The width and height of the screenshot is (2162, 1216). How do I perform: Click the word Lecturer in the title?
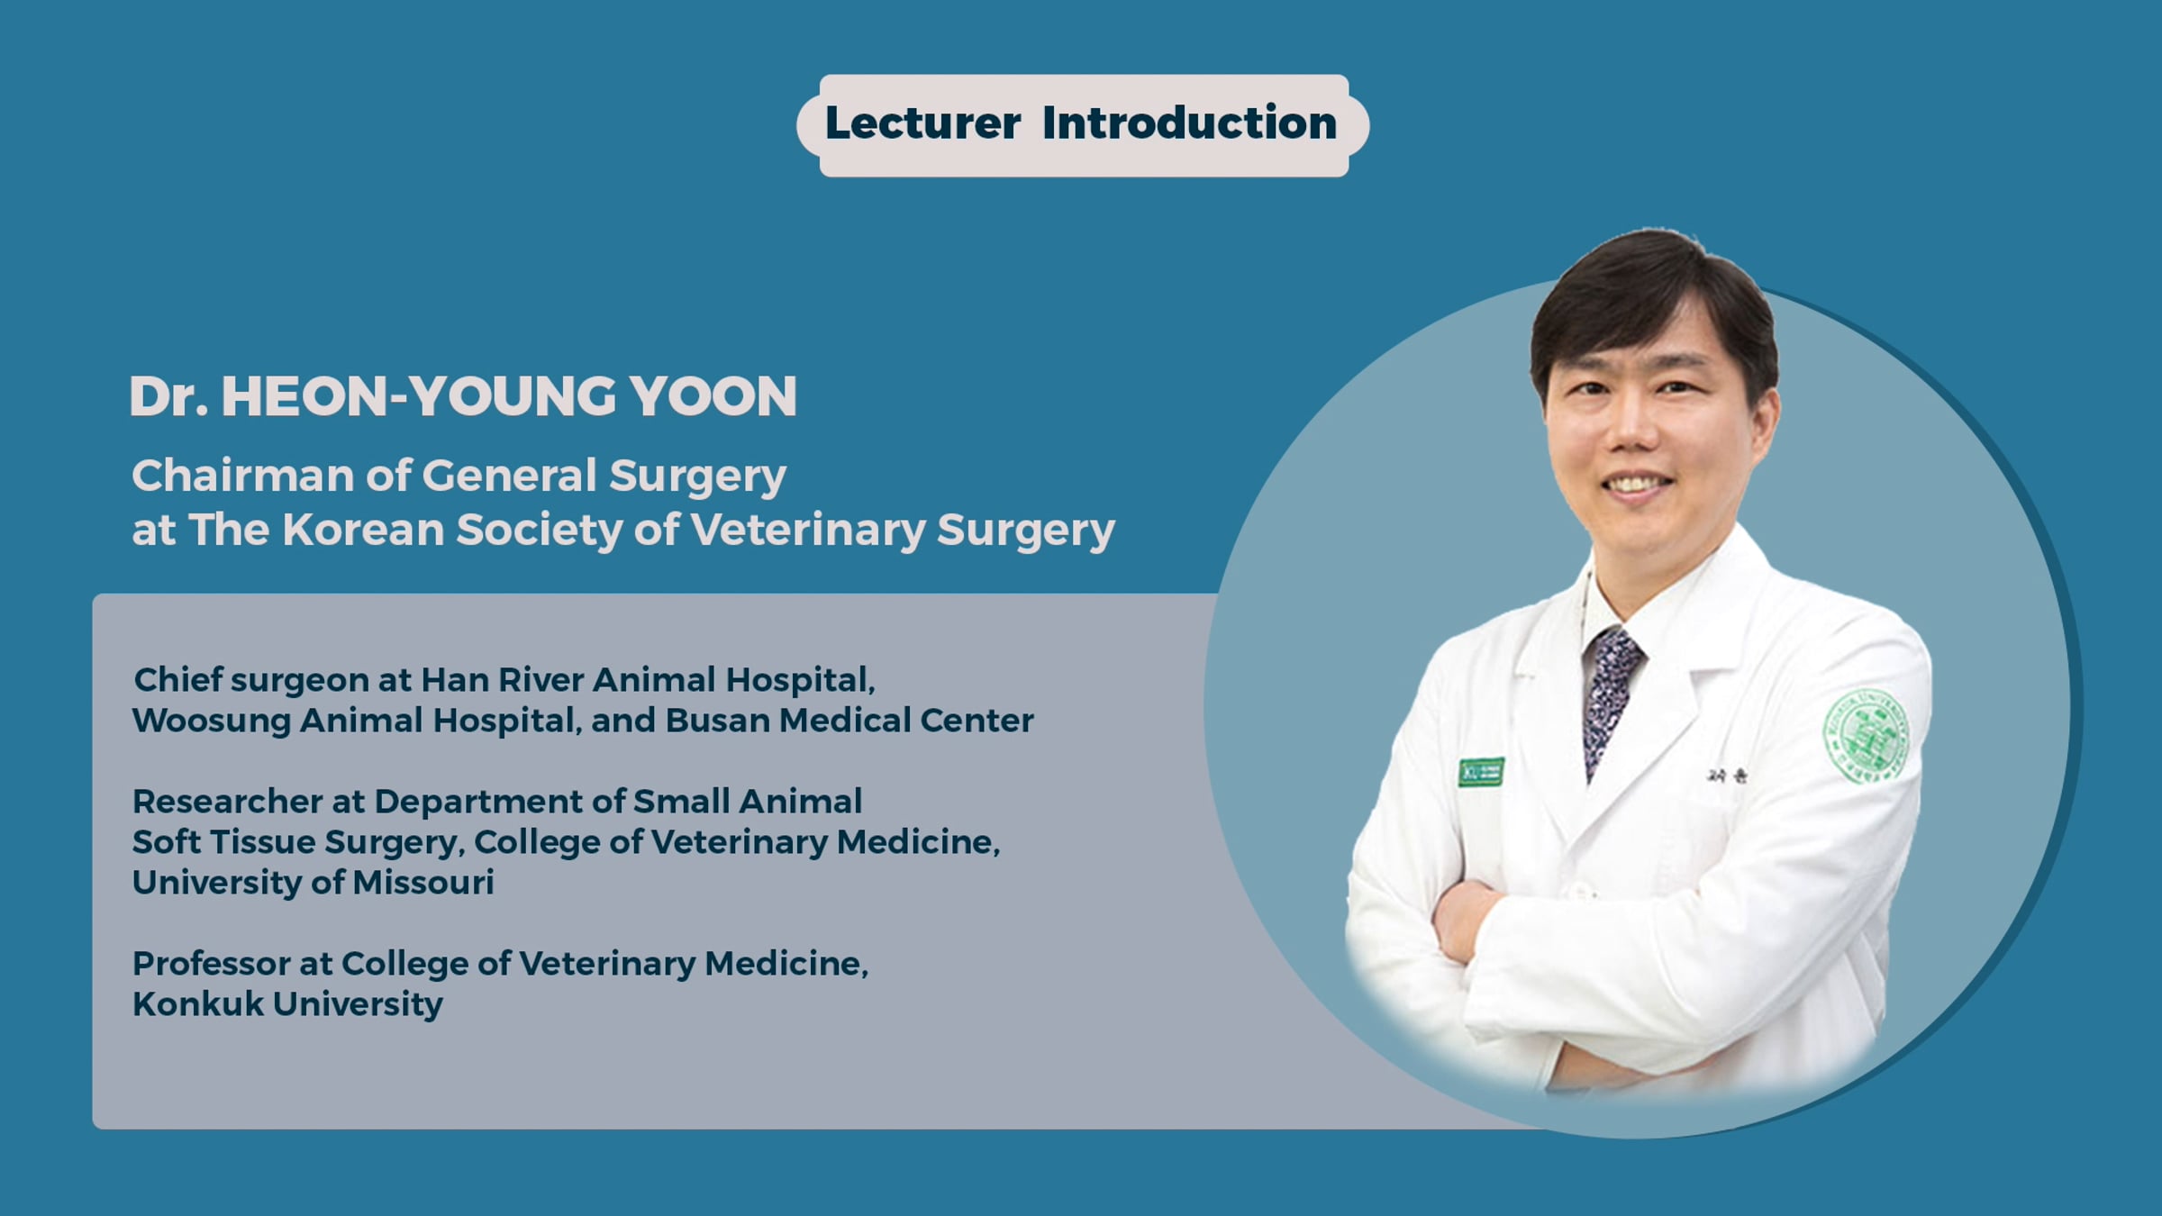[922, 123]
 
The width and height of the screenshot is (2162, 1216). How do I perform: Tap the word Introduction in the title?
[1189, 123]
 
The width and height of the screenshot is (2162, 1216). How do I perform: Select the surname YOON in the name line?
[713, 396]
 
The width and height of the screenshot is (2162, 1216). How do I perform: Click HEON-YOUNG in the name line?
[418, 396]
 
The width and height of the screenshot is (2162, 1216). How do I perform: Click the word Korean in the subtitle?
[363, 530]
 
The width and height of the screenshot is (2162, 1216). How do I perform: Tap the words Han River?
[503, 680]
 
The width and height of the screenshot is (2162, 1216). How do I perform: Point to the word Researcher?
[227, 802]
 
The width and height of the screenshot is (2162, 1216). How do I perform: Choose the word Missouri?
[423, 883]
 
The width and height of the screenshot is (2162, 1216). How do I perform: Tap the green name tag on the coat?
[1482, 772]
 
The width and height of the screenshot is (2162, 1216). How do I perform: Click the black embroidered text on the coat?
[1726, 776]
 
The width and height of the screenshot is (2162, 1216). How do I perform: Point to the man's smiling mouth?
[1637, 485]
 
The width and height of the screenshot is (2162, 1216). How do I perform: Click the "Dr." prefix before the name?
[169, 396]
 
